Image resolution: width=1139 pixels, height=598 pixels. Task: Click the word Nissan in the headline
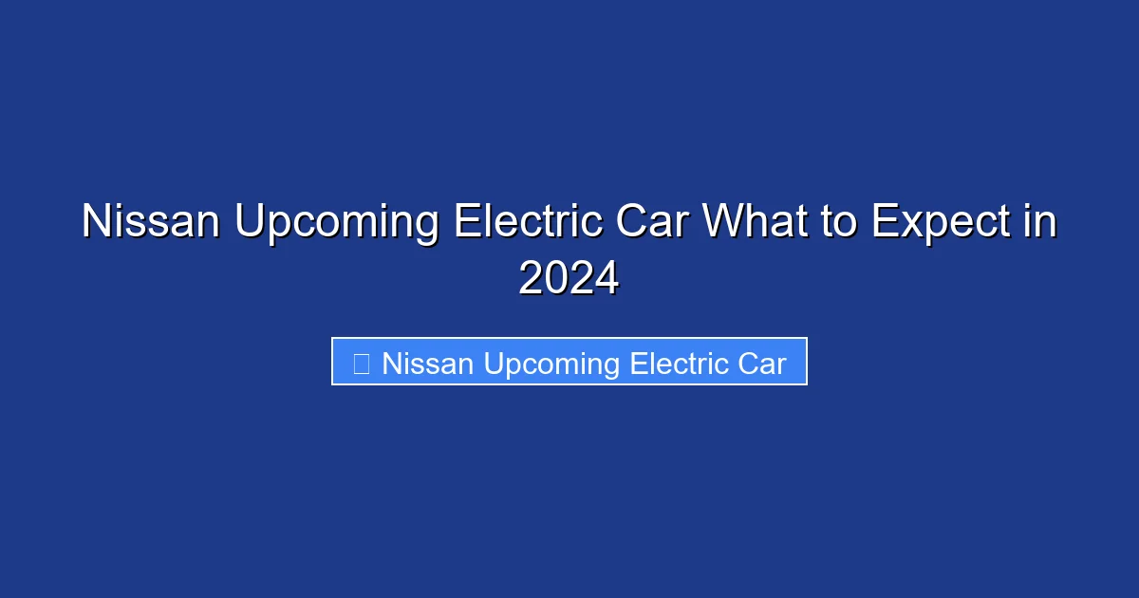(x=151, y=222)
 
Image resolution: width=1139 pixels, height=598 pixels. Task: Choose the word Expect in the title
(x=940, y=224)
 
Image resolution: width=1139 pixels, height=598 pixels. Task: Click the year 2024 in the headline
(x=569, y=277)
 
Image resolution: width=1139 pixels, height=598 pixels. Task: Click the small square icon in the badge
(x=361, y=363)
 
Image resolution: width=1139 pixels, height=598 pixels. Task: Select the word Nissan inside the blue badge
(x=428, y=363)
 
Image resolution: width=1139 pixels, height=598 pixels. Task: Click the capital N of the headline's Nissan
(x=96, y=222)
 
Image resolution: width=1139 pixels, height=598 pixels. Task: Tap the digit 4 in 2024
(x=606, y=277)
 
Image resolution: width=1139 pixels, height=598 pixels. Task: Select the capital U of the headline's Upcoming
(x=251, y=222)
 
